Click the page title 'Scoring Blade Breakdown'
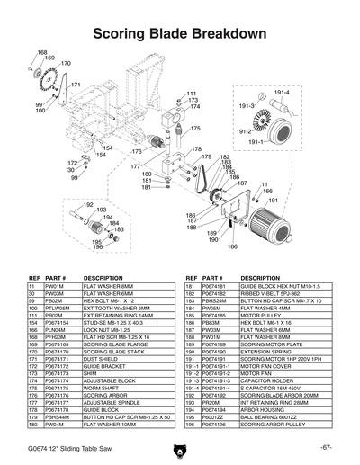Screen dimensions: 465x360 (x=180, y=33)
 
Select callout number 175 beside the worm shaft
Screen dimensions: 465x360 (x=194, y=129)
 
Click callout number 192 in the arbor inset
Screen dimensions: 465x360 (x=88, y=205)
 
